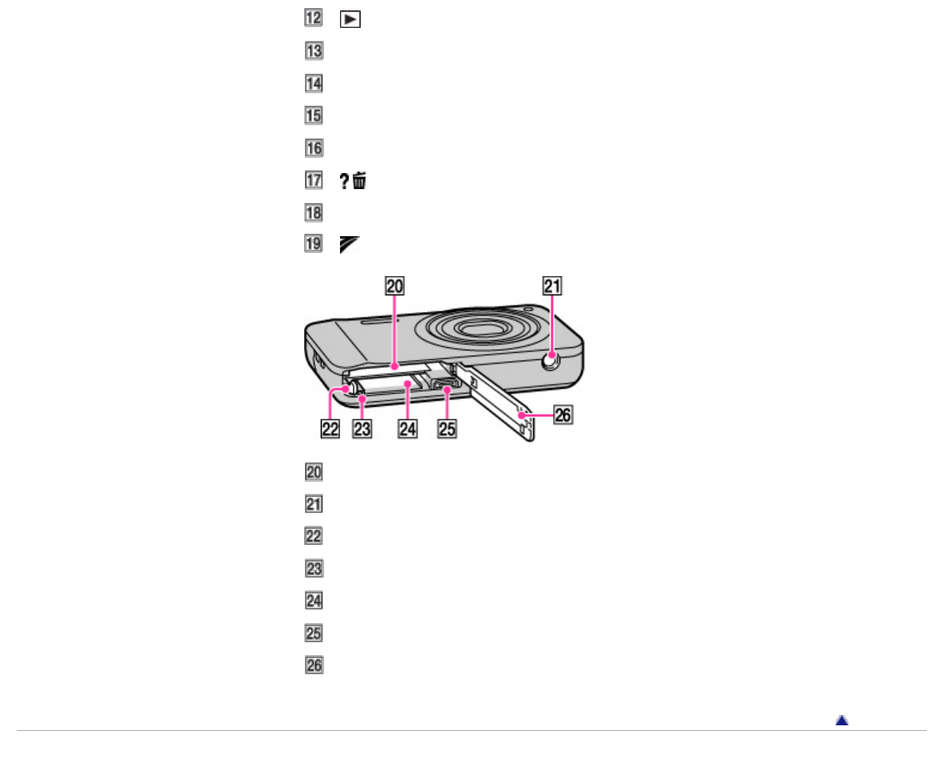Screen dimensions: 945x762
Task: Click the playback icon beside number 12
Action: pos(350,20)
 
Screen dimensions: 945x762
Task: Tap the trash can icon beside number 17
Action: pos(360,180)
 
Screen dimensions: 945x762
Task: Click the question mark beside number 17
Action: pos(344,180)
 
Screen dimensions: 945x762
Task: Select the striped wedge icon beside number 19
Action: pos(349,245)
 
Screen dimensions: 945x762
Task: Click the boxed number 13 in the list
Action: pos(314,50)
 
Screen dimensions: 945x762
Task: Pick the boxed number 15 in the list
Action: pos(314,115)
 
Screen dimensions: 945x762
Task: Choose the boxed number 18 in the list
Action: pos(314,212)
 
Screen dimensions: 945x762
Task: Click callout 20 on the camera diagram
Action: pos(395,286)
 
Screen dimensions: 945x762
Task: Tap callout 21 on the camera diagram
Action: pos(552,286)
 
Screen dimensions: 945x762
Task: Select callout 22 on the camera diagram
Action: pos(330,429)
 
